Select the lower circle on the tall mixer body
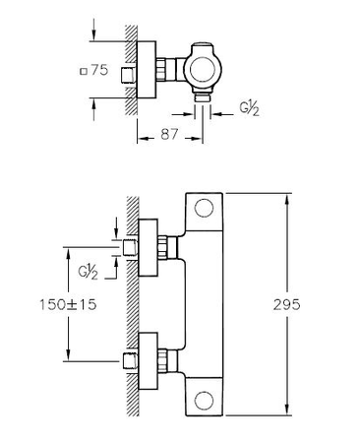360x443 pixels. pos(204,400)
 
